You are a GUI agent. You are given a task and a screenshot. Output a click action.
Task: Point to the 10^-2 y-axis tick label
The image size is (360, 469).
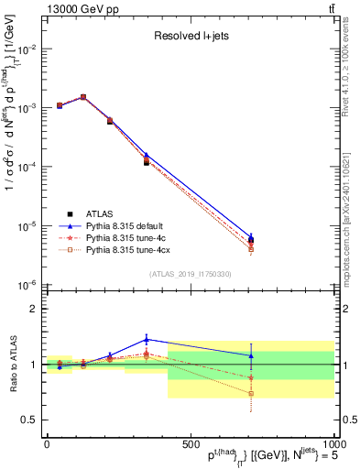(x=27, y=49)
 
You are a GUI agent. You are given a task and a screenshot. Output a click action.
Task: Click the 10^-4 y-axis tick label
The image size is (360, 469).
(x=27, y=168)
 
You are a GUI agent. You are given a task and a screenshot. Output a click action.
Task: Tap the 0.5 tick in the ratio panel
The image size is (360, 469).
(x=29, y=420)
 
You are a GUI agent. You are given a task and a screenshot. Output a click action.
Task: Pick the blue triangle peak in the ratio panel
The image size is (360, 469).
(x=146, y=339)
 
